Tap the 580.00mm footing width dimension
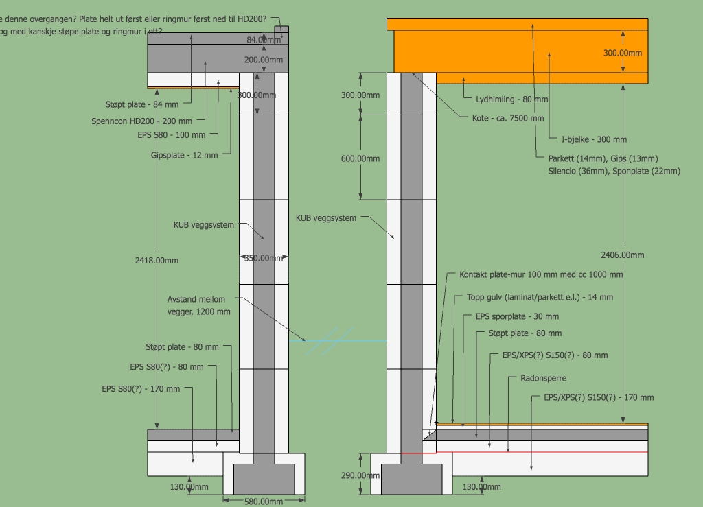pos(263,502)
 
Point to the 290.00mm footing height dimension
pos(360,475)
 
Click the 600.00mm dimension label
pos(360,158)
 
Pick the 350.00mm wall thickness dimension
pos(264,259)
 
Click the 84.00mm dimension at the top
pos(264,40)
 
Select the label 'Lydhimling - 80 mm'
pos(512,99)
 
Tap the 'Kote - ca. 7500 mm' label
pos(508,118)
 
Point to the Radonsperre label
pos(544,378)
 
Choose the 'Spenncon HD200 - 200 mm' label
pos(142,121)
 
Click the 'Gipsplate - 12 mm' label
pos(185,155)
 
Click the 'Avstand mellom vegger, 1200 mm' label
pos(199,305)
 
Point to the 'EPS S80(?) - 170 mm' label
pos(141,389)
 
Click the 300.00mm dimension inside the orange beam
pos(623,53)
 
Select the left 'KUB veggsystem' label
pos(204,225)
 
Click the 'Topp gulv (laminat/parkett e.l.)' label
pos(540,298)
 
